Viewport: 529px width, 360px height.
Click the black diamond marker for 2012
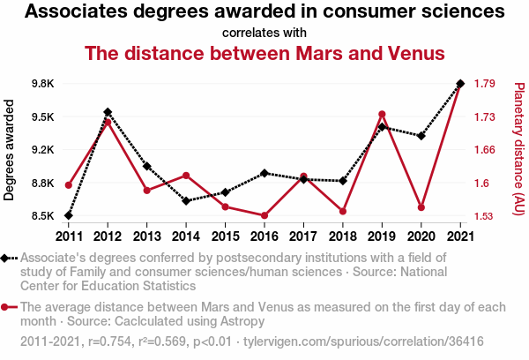108,112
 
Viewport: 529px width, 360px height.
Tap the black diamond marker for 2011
69,215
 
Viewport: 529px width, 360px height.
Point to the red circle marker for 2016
264,215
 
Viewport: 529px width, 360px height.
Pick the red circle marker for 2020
421,207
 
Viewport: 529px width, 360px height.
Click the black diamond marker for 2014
186,200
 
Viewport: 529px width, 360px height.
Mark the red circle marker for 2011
69,185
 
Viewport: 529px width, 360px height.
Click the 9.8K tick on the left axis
41,84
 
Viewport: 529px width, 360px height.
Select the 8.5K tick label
41,216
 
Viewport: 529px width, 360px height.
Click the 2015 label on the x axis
225,236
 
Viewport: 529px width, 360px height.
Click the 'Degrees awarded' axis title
10,150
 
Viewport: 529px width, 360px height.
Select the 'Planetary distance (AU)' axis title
519,149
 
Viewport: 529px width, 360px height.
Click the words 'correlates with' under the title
264,33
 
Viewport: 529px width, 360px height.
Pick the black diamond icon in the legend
6,258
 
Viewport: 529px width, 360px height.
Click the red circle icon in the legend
6,307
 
